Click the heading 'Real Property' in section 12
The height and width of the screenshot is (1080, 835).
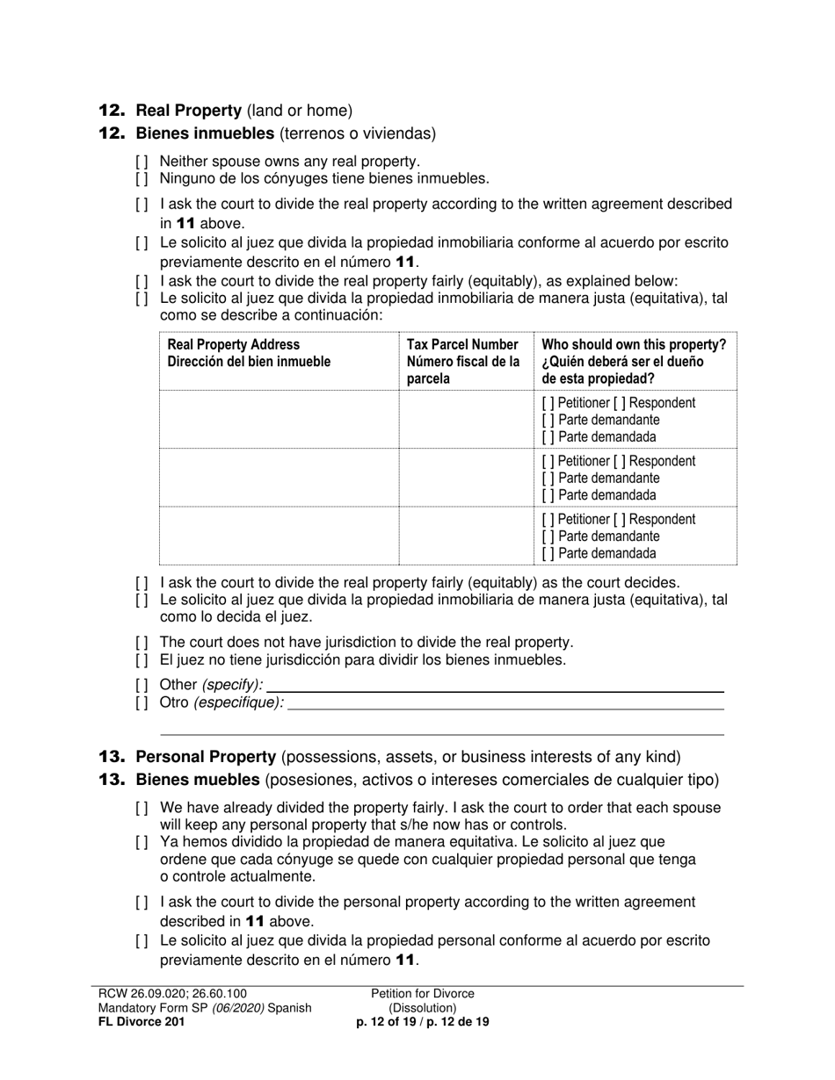tap(188, 111)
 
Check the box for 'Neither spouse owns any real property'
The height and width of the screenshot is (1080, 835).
tap(142, 162)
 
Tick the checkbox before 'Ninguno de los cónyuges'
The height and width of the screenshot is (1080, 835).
tap(142, 179)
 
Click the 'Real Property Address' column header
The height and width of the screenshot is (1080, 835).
tap(234, 345)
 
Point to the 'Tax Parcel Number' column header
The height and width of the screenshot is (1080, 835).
tap(462, 345)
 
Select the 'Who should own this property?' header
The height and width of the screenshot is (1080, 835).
tap(634, 345)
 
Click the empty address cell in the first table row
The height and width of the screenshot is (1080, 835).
tap(279, 420)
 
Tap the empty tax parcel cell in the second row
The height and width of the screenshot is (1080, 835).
tap(466, 478)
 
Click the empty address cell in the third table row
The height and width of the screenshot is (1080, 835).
tap(279, 536)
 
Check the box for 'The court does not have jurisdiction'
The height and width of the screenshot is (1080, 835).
tap(142, 643)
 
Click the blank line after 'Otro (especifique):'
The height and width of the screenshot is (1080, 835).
tap(505, 702)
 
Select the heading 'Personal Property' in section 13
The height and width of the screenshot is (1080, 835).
tap(206, 757)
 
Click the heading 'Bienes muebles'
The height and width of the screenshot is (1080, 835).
tap(198, 780)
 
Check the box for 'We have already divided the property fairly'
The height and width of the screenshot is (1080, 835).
tap(142, 808)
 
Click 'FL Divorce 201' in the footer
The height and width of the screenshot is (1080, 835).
tap(142, 1022)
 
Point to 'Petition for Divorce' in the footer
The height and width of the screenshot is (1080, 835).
tap(423, 994)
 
